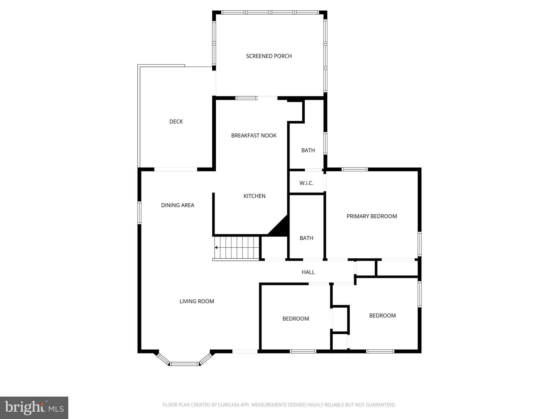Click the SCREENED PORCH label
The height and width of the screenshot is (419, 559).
pos(269,56)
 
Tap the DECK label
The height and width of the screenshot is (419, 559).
pos(176,122)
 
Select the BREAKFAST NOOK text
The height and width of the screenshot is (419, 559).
pos(254,136)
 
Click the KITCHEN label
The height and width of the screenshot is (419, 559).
pos(254,196)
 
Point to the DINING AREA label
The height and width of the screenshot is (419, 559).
pos(177,205)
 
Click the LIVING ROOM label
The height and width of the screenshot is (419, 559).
pos(197,301)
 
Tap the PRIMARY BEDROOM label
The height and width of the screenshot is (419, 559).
pos(371,216)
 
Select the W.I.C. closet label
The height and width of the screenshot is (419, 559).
pos(306,183)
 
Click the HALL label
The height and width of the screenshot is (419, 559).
pos(308,272)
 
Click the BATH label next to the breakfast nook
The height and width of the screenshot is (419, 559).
pos(308,150)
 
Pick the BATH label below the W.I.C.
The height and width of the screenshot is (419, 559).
pos(306,238)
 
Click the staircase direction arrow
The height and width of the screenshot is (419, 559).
pos(216,248)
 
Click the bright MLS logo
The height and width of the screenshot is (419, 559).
pos(34,408)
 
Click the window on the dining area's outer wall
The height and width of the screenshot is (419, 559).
pos(139,213)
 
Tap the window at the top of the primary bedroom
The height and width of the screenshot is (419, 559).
pos(355,169)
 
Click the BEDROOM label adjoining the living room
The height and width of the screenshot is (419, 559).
pos(296,319)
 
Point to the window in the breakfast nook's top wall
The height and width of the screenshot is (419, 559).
pos(246,98)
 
